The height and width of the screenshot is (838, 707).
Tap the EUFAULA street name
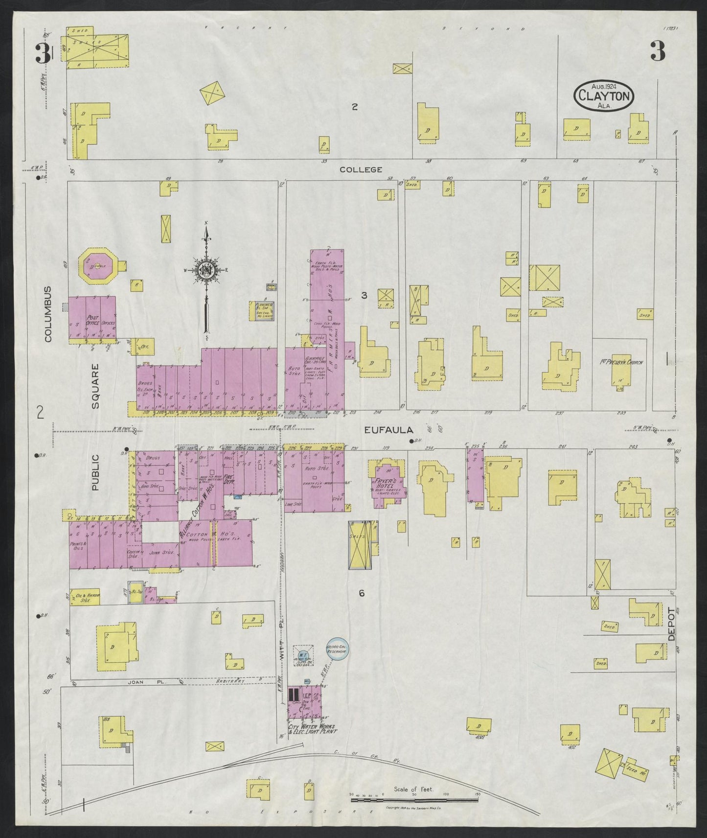389,430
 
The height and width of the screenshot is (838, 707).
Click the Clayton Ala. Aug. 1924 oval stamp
604,95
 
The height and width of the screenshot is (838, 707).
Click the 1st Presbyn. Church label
620,363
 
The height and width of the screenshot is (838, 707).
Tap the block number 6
362,593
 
